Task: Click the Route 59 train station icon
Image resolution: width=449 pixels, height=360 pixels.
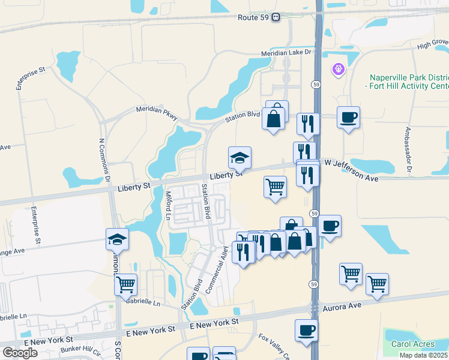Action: (276, 17)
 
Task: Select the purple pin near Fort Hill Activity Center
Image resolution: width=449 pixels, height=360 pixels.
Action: (339, 70)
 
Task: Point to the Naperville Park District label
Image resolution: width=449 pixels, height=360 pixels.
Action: (408, 77)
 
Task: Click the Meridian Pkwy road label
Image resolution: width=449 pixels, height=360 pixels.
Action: (157, 112)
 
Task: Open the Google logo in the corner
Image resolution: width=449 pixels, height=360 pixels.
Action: (20, 353)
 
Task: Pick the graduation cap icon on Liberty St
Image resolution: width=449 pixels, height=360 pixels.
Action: (240, 158)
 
